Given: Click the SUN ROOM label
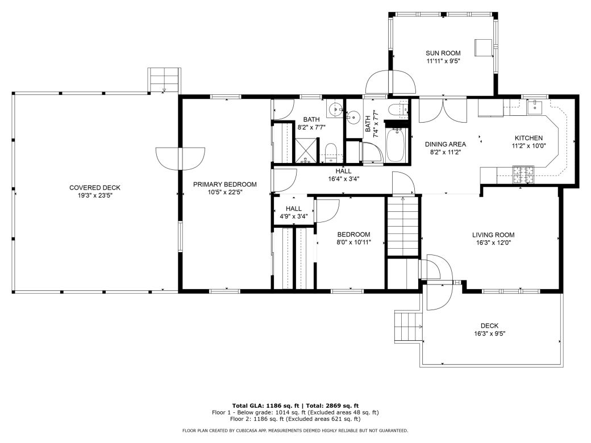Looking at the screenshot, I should pos(443,53).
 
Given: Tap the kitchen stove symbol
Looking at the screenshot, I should pos(523,174).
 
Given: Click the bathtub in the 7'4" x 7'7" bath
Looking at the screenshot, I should pos(396,145).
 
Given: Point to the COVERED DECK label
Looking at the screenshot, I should pos(95,188).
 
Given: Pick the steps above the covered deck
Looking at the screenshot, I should pos(164,80).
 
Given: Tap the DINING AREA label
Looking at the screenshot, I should pos(446,144).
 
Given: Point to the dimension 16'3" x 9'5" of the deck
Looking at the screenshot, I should pos(489,334).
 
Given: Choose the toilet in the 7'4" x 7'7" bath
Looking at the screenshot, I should pos(396,110).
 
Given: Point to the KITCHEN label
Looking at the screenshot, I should pos(528,138).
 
